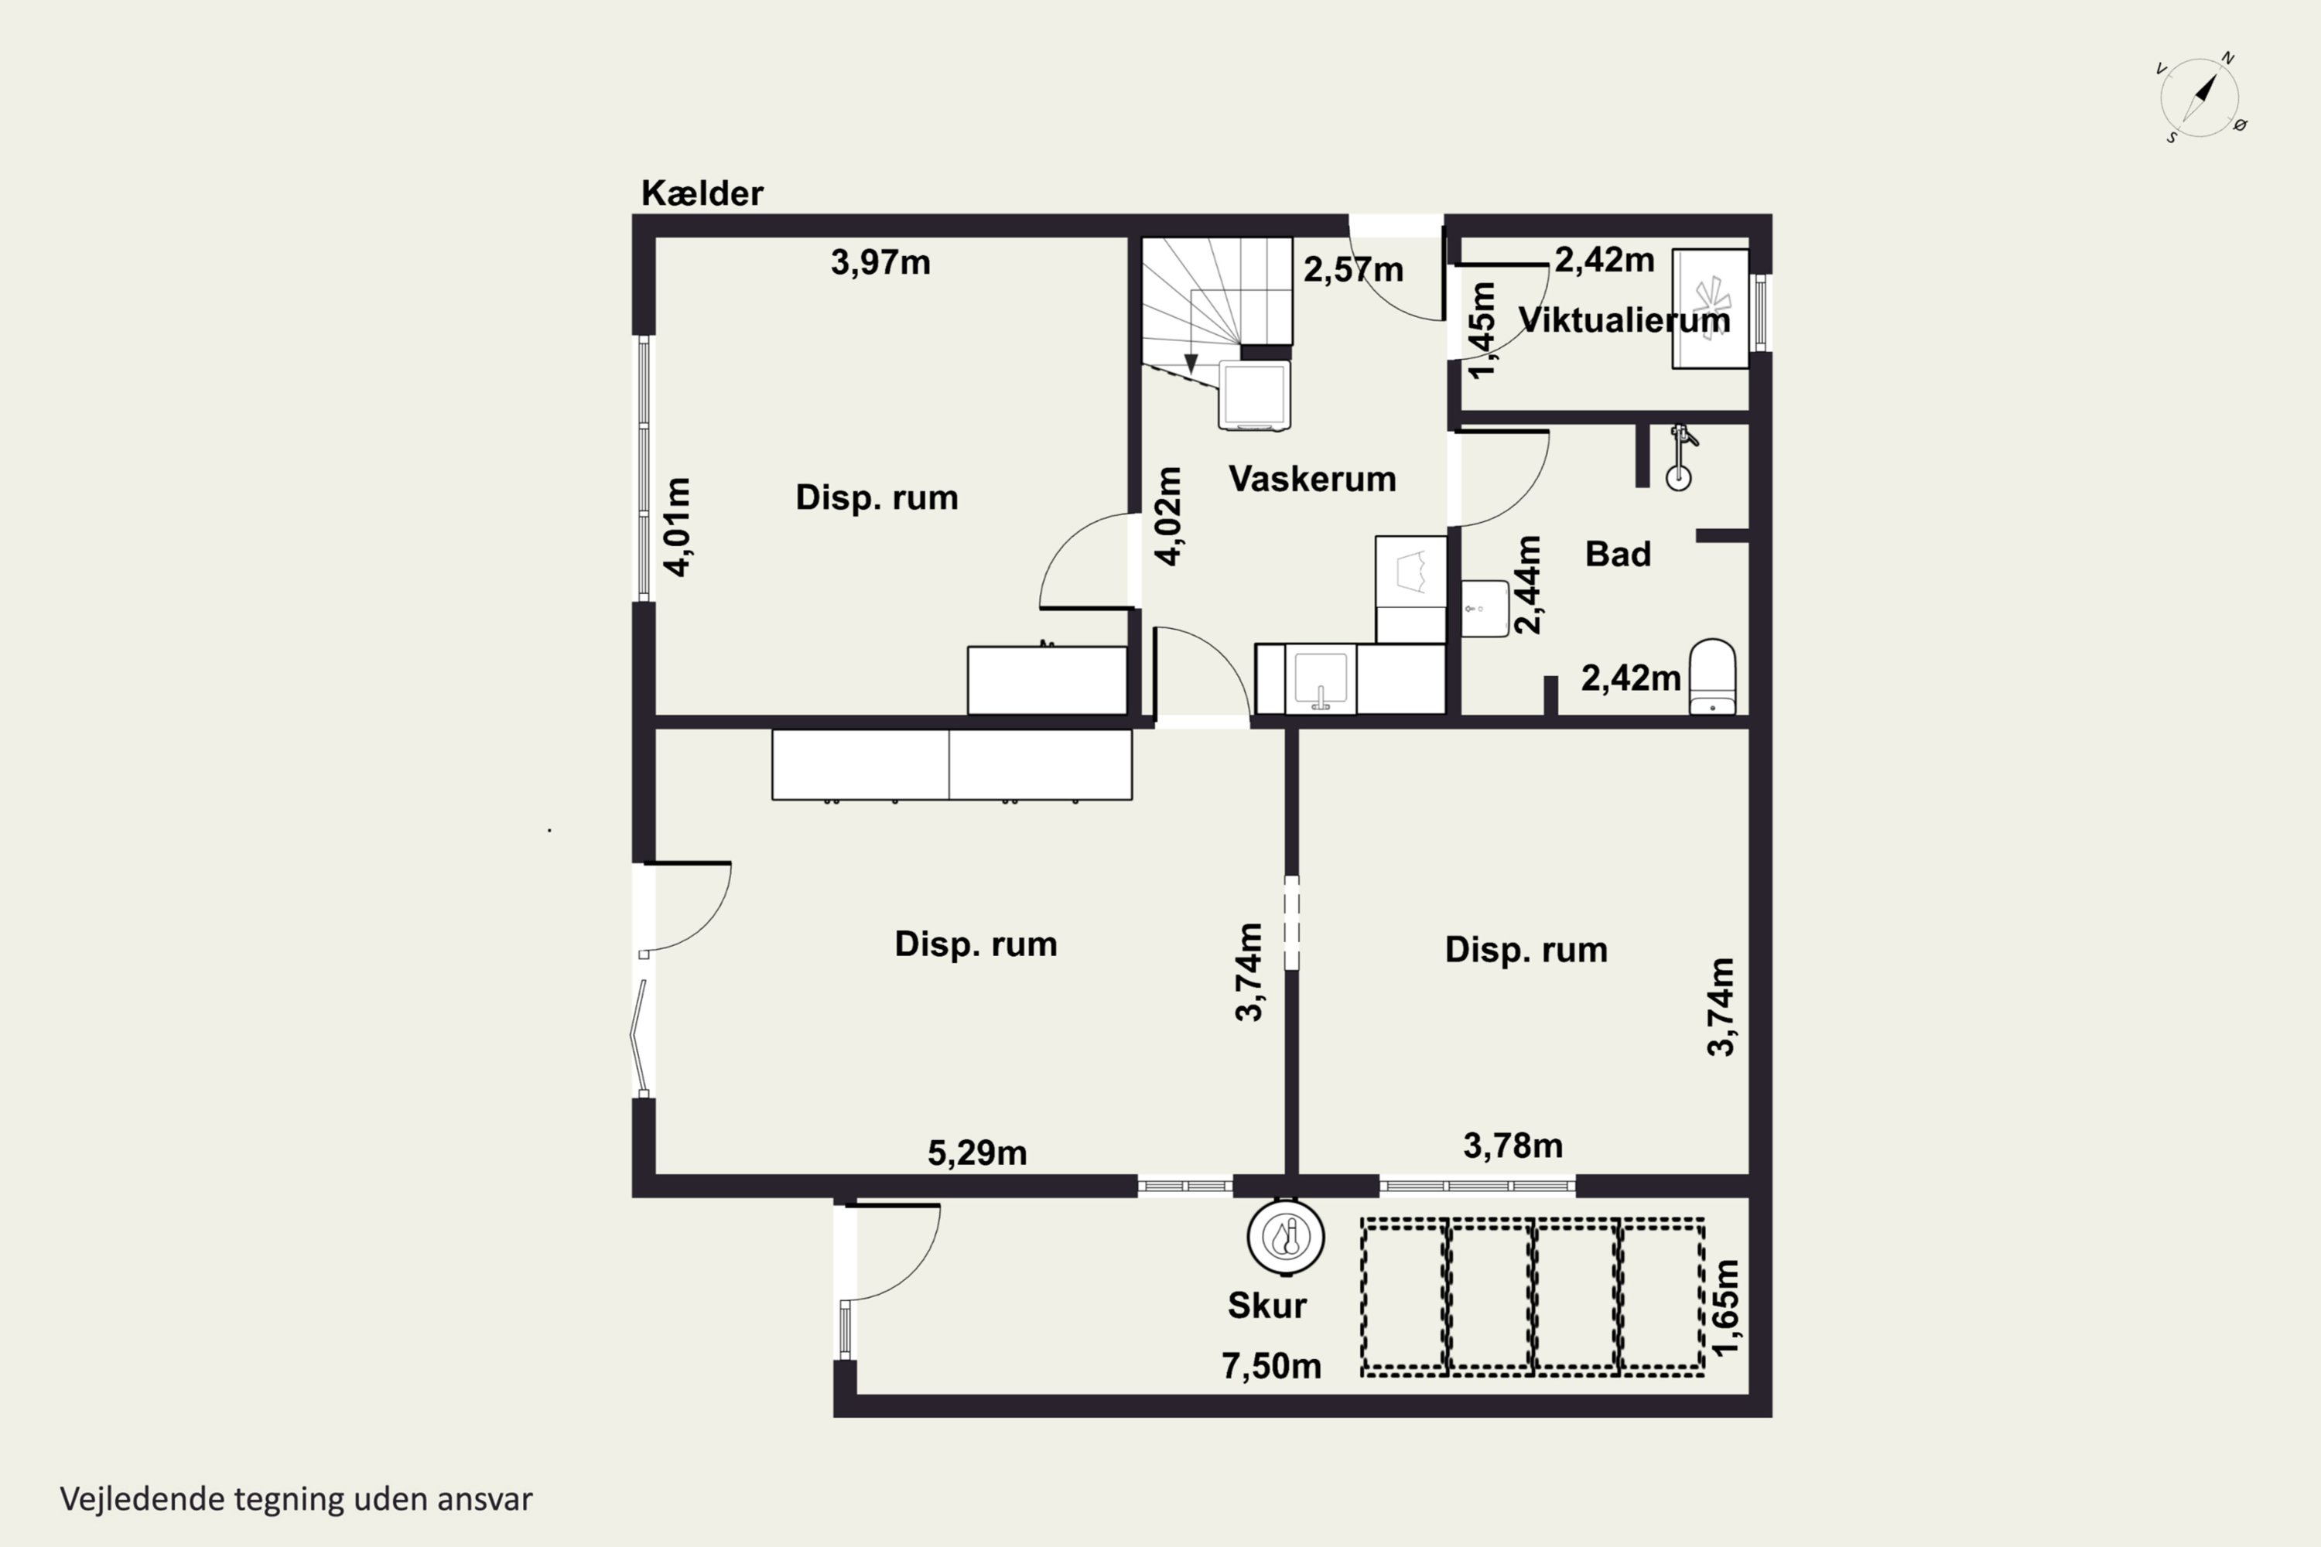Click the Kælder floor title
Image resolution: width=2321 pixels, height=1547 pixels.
click(x=702, y=193)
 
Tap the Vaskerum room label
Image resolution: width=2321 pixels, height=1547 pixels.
click(x=1311, y=480)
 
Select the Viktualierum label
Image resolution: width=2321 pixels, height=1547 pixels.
click(x=1623, y=319)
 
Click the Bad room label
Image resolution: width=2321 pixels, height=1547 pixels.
click(x=1618, y=555)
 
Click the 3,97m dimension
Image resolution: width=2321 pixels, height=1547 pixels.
click(x=880, y=262)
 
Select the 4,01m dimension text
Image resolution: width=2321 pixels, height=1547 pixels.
click(x=677, y=526)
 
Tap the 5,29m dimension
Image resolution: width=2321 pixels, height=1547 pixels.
click(x=977, y=1153)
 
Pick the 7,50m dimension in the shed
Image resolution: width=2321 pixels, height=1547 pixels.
click(x=1271, y=1367)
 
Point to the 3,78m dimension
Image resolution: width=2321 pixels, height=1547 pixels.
click(x=1513, y=1146)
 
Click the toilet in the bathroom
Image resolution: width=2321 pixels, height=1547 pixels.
click(x=1712, y=677)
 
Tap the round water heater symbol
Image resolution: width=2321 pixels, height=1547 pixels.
click(x=1285, y=1236)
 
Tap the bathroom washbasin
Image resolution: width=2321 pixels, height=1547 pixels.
click(x=1484, y=609)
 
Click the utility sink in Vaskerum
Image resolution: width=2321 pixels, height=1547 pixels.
click(x=1321, y=679)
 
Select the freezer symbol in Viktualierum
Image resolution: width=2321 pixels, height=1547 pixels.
click(x=1710, y=309)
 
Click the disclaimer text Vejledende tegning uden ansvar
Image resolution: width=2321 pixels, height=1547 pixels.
click(x=296, y=1500)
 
